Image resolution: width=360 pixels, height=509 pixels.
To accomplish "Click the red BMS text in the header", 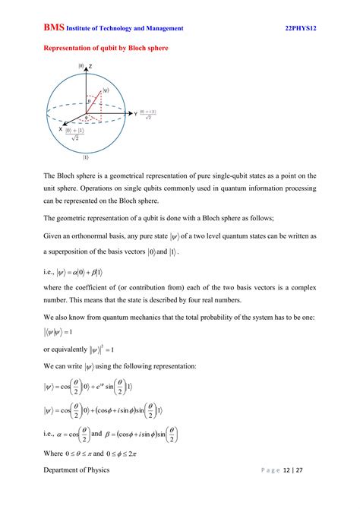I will point(52,27).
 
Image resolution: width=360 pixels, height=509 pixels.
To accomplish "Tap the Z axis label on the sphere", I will point(90,67).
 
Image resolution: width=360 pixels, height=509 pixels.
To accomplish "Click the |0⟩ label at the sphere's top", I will point(81,66).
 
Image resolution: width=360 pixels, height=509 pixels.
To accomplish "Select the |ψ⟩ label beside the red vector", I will point(106,90).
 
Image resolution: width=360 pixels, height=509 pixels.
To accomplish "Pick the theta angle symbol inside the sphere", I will point(89,100).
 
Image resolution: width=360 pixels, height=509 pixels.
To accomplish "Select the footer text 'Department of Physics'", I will point(76,491).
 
